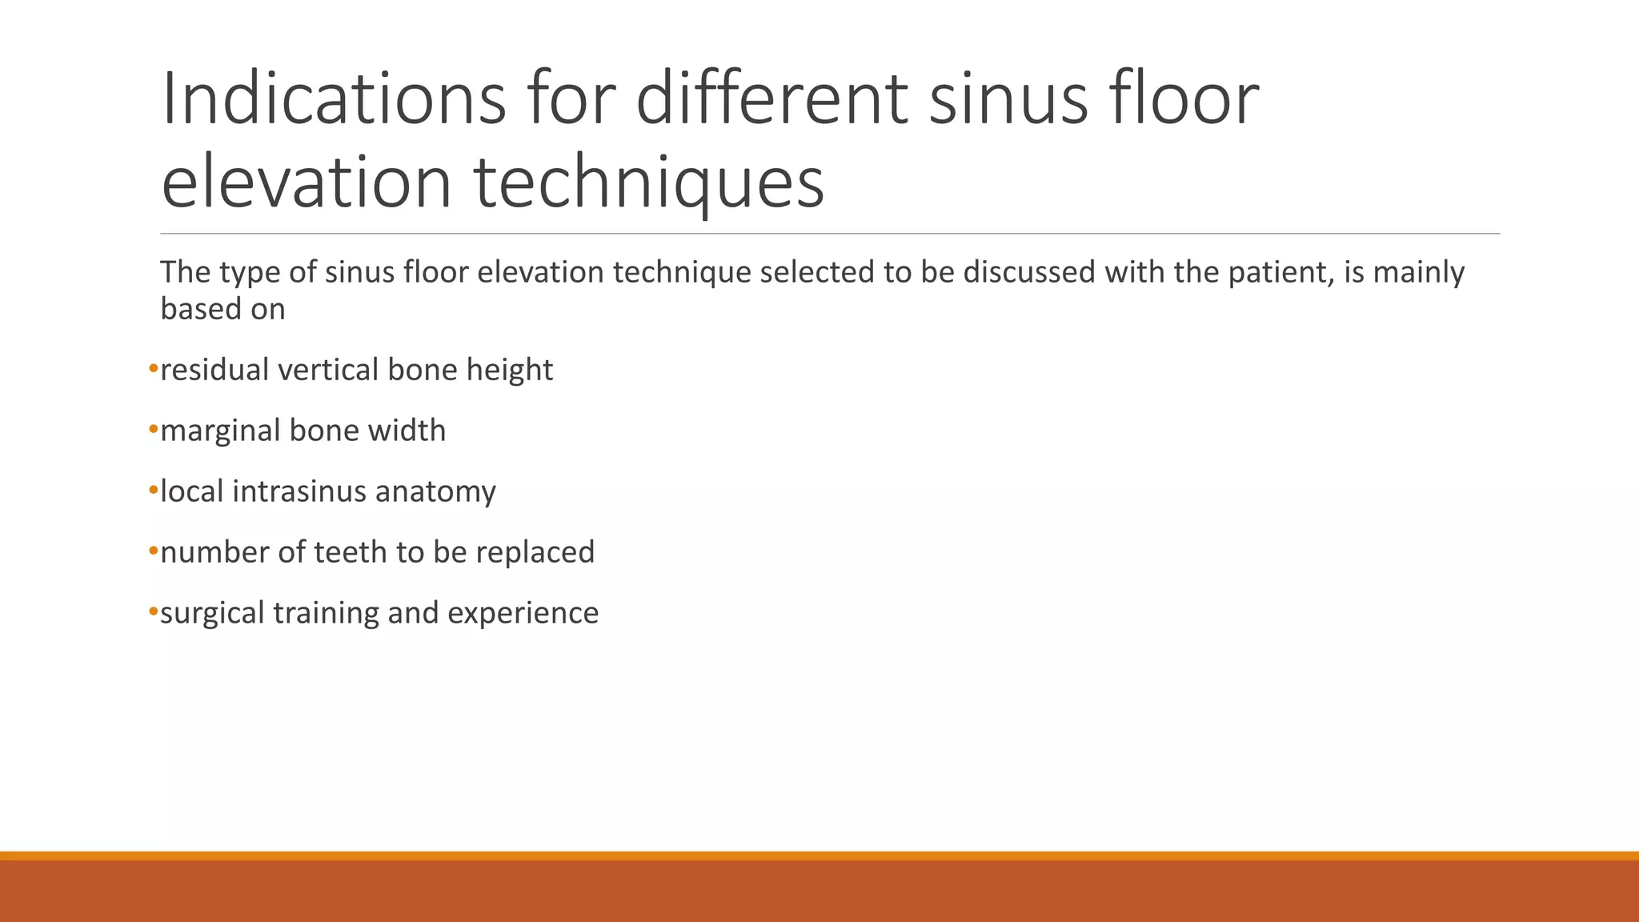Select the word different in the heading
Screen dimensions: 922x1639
771,99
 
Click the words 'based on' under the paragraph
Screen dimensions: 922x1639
222,310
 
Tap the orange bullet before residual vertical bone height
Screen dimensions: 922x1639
153,369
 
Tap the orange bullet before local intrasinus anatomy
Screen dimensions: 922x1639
153,491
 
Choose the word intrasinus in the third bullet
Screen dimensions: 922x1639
299,491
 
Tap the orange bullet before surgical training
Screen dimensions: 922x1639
153,612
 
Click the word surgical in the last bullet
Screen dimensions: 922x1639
212,614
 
